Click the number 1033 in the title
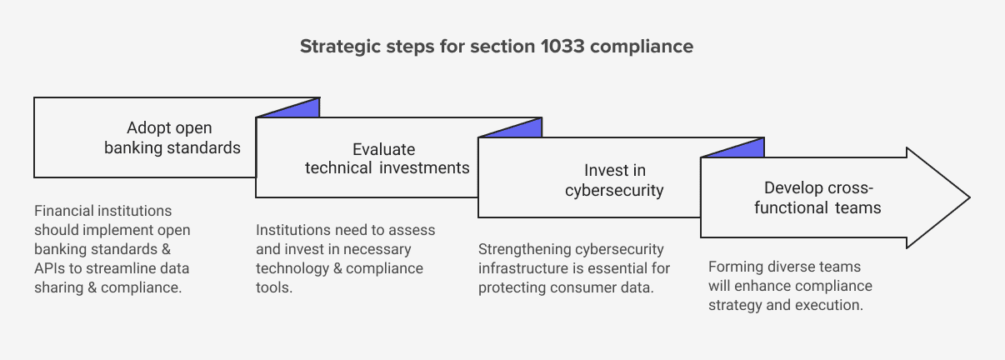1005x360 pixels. [x=562, y=46]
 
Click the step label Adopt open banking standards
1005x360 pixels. [x=172, y=137]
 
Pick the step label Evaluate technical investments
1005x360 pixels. [x=387, y=158]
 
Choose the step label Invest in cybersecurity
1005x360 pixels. [x=614, y=181]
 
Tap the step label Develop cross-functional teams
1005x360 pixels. [x=817, y=198]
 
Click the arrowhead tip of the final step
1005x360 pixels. [x=969, y=197]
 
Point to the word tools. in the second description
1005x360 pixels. [x=274, y=287]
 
